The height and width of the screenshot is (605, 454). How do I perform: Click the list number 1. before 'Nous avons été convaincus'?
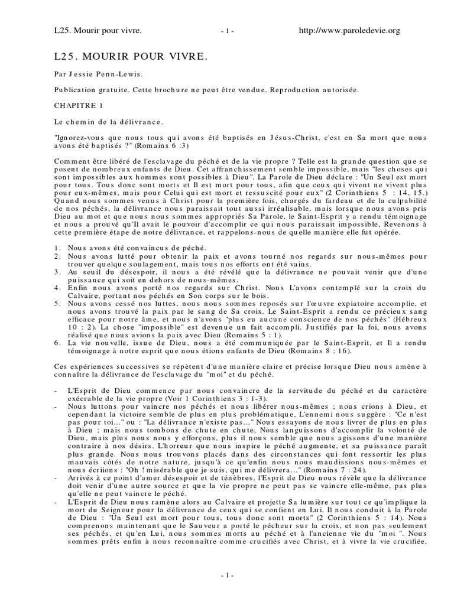[57, 246]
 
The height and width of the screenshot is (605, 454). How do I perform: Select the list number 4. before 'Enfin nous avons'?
[57, 287]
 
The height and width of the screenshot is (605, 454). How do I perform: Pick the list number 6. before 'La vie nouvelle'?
[57, 343]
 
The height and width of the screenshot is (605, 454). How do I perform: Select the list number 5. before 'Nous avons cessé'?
[57, 303]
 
